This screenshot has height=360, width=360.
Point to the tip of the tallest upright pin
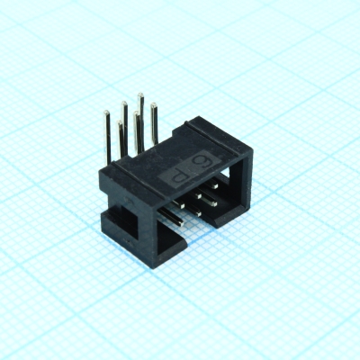click(x=139, y=94)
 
